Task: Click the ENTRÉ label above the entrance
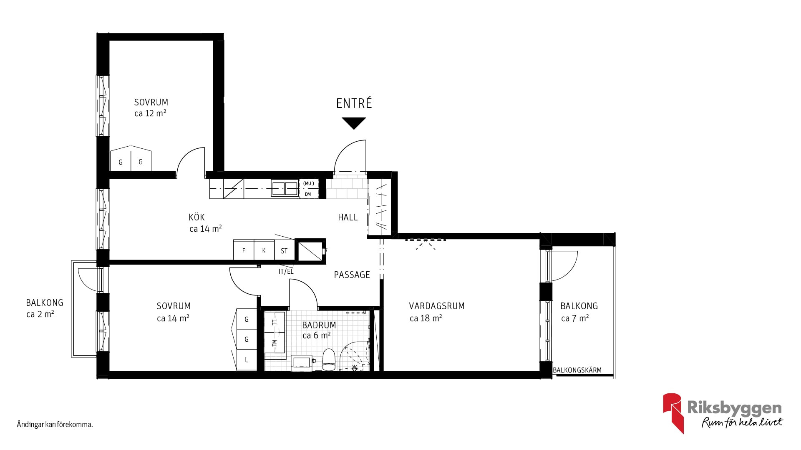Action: coord(354,103)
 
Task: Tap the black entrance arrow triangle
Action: coord(354,123)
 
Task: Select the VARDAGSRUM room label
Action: coord(436,306)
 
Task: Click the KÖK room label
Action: coord(196,217)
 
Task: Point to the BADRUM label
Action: coord(319,325)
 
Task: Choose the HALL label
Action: coord(348,217)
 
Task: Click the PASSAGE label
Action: coord(352,275)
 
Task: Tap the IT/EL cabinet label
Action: coord(286,271)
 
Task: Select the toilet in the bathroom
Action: coord(329,360)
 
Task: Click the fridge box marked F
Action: coord(244,250)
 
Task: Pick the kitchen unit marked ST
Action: coord(285,250)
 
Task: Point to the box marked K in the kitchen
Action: coord(264,250)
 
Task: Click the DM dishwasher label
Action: coord(308,194)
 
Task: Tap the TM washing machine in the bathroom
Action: coord(275,342)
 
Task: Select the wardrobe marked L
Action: coord(247,360)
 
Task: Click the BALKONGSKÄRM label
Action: coord(577,370)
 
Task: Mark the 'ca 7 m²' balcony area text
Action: coord(575,318)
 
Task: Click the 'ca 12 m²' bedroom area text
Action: coord(150,113)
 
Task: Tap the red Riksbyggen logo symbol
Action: coord(673,412)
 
